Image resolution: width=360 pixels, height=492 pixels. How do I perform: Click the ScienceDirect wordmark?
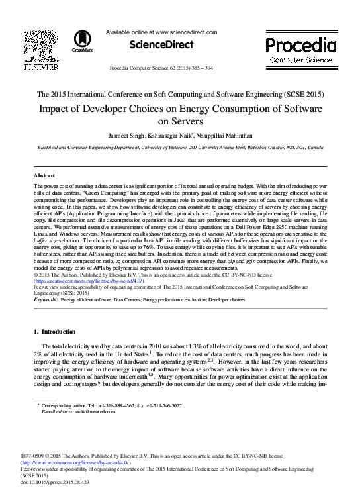point(161,45)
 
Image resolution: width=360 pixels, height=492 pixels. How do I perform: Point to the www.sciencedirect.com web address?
point(186,32)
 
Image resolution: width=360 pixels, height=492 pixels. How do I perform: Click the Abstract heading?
point(44,175)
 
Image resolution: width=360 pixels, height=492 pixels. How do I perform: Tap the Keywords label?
point(45,300)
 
